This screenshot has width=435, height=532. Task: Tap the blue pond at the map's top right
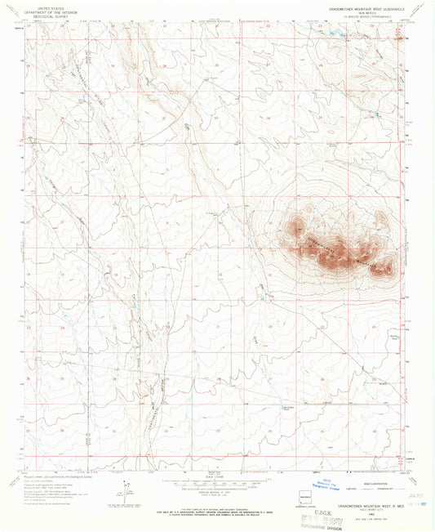coord(335,34)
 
